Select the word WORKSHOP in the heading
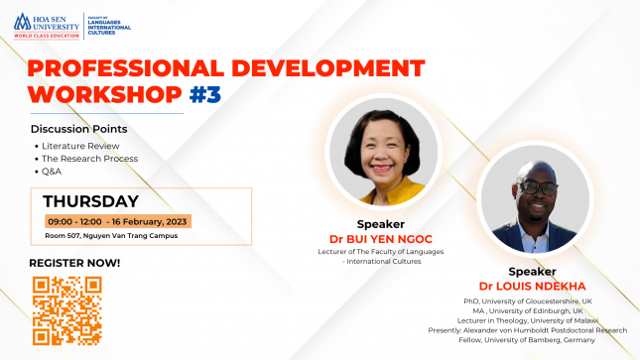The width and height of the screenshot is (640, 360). pos(105,95)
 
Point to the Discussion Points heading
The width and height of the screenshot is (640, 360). pos(78,129)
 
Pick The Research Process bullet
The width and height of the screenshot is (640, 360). pos(88,158)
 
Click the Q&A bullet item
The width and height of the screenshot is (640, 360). pos(52,171)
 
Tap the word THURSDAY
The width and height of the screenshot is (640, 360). pos(90,200)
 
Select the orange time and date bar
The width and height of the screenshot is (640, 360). pos(117,220)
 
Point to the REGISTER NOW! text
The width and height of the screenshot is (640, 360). pos(74,262)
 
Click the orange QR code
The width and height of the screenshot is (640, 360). pos(66,309)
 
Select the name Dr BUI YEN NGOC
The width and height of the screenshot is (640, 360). pos(382,239)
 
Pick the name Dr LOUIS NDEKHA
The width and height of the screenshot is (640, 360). pos(533,286)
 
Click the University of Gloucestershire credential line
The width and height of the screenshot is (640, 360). pos(528,300)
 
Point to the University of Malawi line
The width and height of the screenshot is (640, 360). pos(528,320)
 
